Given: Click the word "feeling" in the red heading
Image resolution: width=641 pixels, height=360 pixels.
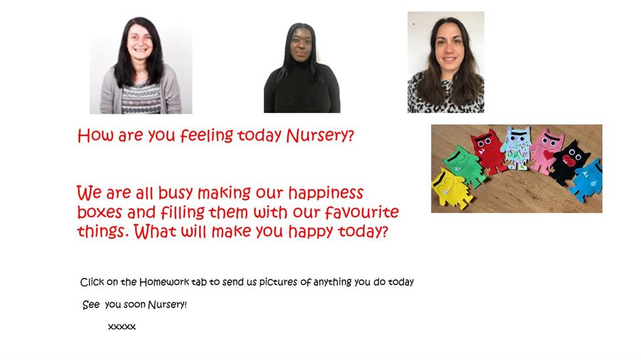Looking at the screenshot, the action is [x=207, y=135].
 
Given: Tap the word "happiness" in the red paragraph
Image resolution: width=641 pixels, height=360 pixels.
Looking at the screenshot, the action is [x=326, y=193].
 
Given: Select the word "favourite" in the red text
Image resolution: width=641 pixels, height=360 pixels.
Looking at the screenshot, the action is [x=362, y=212].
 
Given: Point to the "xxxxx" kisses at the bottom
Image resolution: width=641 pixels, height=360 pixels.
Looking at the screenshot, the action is [x=122, y=326].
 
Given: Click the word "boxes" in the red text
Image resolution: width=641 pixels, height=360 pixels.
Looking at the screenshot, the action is [x=100, y=212].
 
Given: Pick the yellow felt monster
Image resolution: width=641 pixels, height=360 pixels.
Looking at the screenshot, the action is [x=451, y=189].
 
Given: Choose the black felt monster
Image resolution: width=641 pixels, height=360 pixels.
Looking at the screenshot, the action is [x=569, y=163].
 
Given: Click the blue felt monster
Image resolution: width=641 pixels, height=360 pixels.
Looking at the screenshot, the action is [x=586, y=180].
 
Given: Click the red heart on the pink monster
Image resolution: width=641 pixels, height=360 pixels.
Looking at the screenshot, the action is [x=548, y=155].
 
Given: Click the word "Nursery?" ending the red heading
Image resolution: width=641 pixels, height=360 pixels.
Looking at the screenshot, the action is [x=320, y=135].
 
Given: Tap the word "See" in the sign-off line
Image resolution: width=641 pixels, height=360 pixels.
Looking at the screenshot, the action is [x=91, y=305].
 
